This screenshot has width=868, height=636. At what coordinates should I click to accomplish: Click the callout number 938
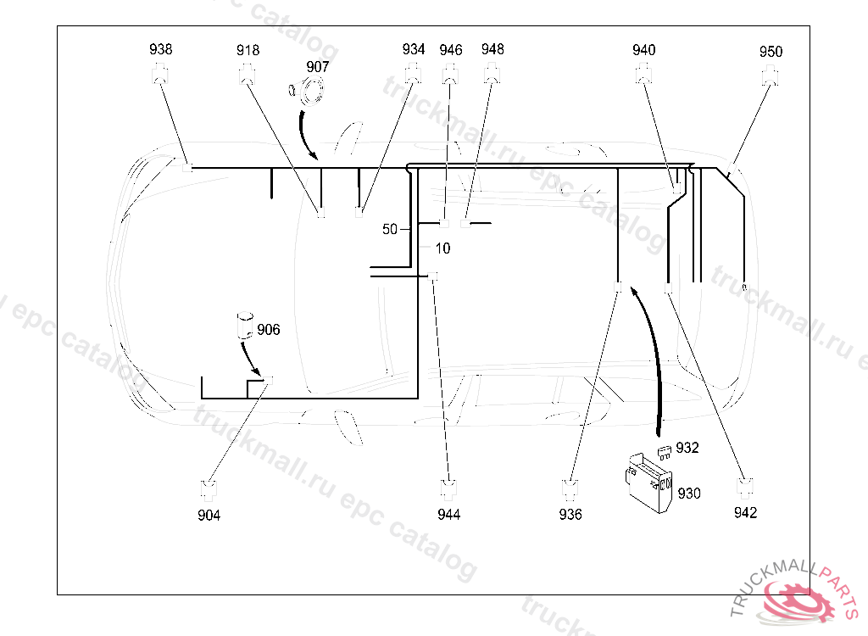(x=160, y=49)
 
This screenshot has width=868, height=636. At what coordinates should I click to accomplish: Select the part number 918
(x=248, y=51)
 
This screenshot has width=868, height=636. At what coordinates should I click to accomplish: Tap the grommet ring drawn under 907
(x=312, y=90)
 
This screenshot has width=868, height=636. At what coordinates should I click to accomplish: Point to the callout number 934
(x=414, y=49)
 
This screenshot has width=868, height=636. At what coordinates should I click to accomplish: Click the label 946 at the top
(x=451, y=50)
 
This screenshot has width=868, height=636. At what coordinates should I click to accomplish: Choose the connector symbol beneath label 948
(x=492, y=74)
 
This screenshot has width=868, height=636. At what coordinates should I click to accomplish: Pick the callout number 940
(x=644, y=50)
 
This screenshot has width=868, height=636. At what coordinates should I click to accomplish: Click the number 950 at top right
(x=771, y=52)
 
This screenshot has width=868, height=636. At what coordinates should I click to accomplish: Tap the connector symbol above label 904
(x=209, y=489)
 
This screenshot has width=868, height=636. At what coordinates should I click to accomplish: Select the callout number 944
(x=449, y=515)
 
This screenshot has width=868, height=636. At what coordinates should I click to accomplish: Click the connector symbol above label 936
(x=571, y=489)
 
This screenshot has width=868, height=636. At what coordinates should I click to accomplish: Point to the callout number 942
(x=746, y=512)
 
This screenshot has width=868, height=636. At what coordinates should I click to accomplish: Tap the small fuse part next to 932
(x=665, y=449)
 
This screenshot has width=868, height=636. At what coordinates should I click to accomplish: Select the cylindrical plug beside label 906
(x=245, y=326)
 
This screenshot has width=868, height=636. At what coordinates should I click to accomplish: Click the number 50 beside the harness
(x=390, y=229)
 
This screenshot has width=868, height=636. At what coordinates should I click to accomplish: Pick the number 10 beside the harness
(x=442, y=248)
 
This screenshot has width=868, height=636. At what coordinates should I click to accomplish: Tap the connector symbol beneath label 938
(x=160, y=75)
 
